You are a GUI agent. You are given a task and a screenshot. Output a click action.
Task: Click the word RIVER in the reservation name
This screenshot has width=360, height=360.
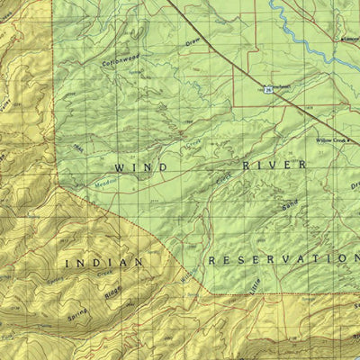pyautogui.click(x=274, y=166)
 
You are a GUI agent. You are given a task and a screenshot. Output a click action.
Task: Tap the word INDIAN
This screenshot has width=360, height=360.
pyautogui.click(x=104, y=262)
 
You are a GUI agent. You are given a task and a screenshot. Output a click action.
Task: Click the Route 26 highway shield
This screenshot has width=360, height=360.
pyautogui.click(x=268, y=89)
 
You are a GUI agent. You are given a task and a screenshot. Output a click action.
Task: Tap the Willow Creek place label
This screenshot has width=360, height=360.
pyautogui.click(x=331, y=141)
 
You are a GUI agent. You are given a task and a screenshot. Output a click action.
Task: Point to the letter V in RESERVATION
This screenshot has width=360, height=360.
pyautogui.click(x=283, y=259)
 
